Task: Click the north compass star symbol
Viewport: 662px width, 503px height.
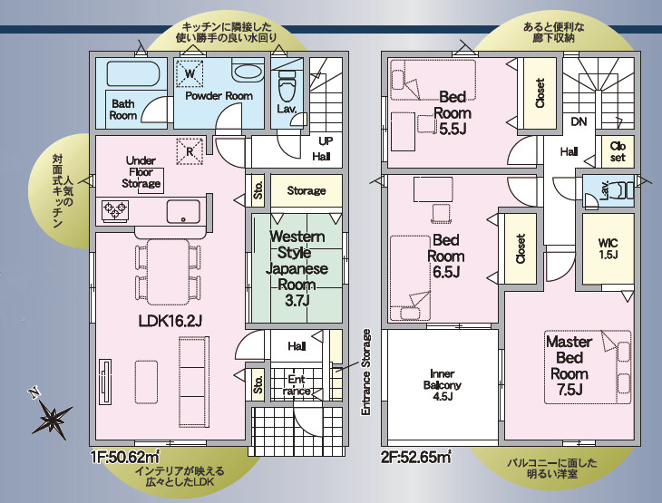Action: coord(53,418)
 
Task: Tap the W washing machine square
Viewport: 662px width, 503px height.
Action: coord(190,73)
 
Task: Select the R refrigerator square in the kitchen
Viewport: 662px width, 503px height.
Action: coord(190,151)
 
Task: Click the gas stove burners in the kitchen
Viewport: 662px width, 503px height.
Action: coord(115,209)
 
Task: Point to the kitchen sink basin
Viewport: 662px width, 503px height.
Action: coord(183,211)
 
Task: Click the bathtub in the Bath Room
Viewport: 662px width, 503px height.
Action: coord(132,74)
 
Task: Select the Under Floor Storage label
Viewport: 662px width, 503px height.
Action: coord(141,172)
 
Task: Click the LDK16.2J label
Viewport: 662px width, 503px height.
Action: coord(170,321)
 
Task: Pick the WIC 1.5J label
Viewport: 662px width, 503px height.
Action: coord(608,248)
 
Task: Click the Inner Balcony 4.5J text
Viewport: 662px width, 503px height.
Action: coord(442,385)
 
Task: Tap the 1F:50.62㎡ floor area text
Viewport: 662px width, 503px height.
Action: coord(125,456)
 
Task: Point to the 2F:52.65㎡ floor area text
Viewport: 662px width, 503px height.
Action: coord(416,457)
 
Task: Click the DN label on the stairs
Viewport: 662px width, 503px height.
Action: coord(579,121)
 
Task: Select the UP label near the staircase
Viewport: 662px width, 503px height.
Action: coord(326,140)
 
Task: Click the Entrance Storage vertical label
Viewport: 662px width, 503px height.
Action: coord(365,372)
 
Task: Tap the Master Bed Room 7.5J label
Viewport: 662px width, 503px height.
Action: coord(570,365)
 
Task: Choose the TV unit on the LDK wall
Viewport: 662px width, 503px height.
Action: coord(105,382)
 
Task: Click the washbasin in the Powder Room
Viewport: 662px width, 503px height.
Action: coord(248,71)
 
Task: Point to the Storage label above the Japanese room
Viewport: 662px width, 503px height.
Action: coord(307,190)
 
